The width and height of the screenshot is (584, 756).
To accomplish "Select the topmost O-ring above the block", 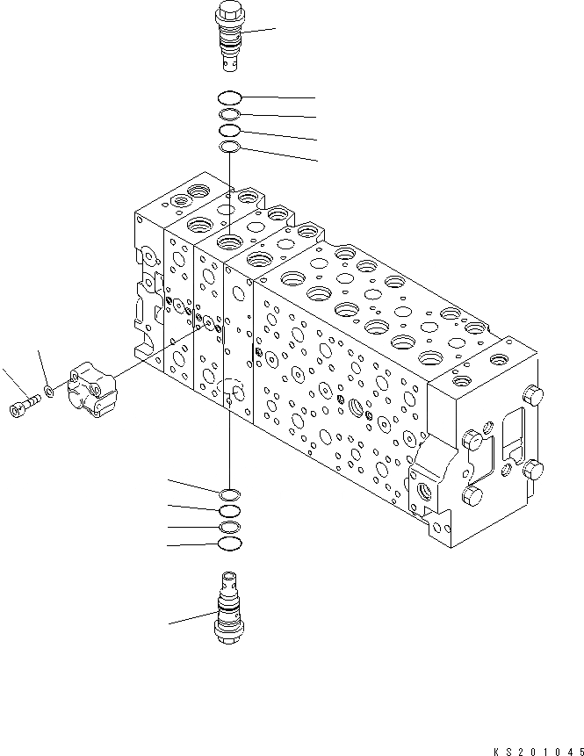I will [x=228, y=97].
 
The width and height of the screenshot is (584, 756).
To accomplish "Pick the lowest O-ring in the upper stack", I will [x=228, y=146].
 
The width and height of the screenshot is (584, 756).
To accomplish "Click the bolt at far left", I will [x=24, y=406].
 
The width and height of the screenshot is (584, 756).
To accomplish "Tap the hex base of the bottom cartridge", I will [x=228, y=634].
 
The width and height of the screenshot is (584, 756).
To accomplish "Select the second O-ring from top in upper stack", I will [x=228, y=114].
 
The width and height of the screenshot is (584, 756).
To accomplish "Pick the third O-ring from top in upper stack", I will [x=228, y=130].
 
